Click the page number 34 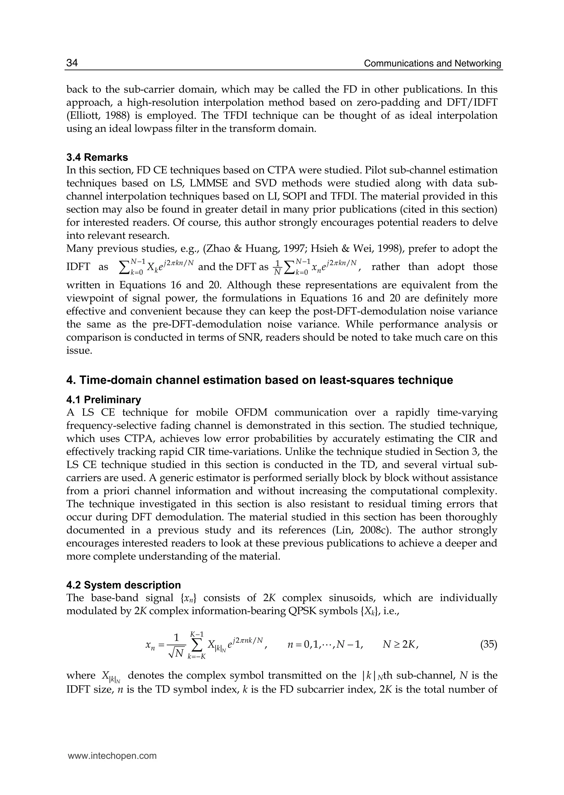click(x=72, y=63)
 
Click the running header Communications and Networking click(x=432, y=64)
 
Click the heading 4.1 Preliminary click(x=104, y=400)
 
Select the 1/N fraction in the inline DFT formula click(x=277, y=267)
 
